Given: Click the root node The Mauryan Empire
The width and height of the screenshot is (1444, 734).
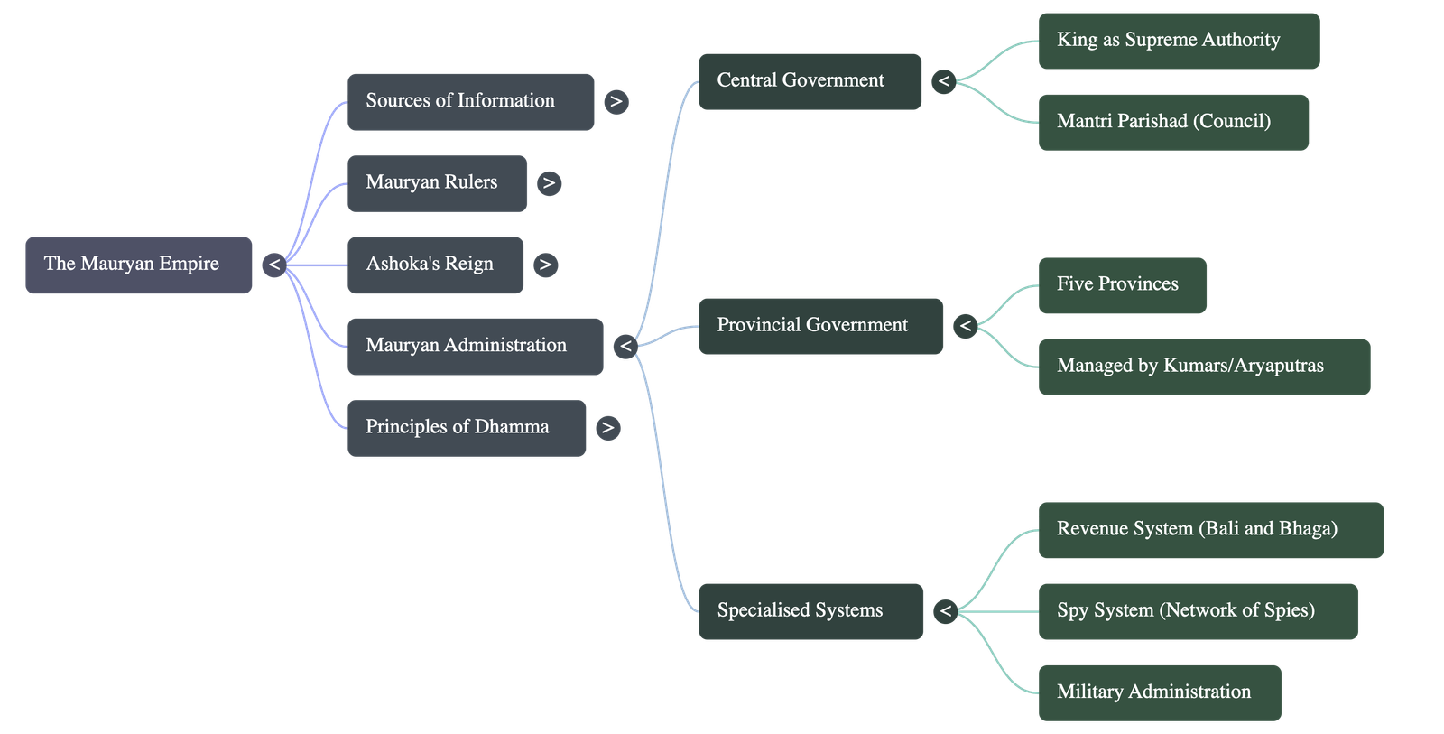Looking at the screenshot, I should coord(138,265).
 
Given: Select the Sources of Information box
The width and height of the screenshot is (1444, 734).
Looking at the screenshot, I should coord(470,102).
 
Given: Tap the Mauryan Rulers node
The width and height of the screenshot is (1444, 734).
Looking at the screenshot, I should coord(437,183).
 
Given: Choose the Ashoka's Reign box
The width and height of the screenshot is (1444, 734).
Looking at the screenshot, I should coord(434,265).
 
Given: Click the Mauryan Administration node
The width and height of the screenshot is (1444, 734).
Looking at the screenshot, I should coord(475,346).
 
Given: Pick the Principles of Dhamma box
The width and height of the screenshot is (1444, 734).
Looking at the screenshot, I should coord(466,428).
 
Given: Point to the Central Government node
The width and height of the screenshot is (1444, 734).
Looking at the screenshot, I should coord(810,81).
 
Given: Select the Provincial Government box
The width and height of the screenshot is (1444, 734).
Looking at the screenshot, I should coord(819,326).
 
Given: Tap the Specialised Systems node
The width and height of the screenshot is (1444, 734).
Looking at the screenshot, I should coord(810,611).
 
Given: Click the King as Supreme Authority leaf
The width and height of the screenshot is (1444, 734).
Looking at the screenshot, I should coord(1178,41).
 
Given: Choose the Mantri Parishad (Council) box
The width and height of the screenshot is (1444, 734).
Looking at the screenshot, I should coord(1173,122).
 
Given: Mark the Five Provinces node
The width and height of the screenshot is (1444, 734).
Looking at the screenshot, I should coord(1122,285).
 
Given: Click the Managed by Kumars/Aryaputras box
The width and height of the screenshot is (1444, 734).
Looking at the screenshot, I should coord(1204,367).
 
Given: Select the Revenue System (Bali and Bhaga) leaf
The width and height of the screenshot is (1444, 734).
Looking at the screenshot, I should coord(1210,530).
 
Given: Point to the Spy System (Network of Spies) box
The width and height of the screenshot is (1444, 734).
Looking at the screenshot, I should coord(1198,611).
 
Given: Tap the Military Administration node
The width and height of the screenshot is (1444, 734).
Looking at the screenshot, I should coord(1160,692).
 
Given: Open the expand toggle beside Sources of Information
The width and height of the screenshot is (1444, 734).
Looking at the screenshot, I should coord(616,102).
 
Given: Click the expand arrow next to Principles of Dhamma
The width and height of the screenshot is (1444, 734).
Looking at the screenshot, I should coord(608,428).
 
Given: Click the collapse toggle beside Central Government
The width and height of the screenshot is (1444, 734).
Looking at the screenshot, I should coord(944,81).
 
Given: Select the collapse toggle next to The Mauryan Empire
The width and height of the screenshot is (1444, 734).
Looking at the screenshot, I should coord(274,265).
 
